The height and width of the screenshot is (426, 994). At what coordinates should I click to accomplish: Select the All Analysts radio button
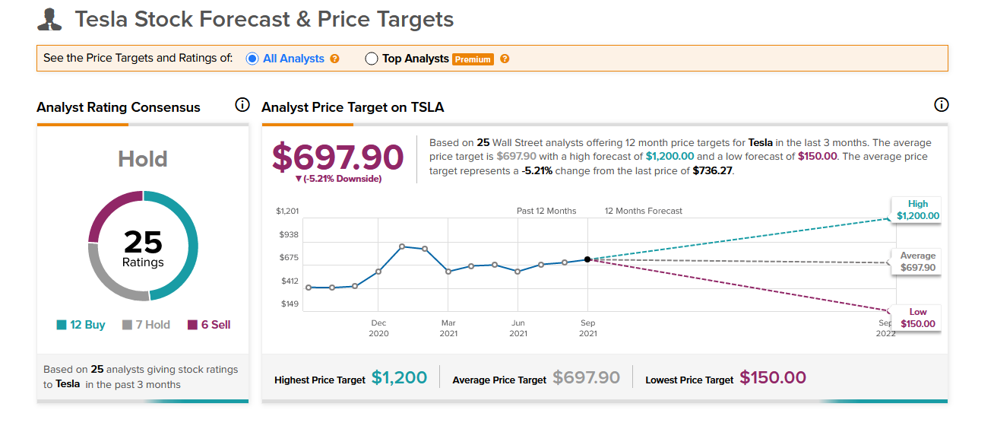(252, 59)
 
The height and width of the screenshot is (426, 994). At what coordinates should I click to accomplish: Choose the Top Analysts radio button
(372, 59)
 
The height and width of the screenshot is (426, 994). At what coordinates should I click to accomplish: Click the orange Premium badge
(473, 59)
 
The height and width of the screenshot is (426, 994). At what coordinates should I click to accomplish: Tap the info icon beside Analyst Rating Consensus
(242, 105)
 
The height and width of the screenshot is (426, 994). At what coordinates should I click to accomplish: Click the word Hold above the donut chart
(143, 159)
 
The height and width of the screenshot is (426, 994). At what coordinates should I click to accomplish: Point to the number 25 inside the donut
(143, 242)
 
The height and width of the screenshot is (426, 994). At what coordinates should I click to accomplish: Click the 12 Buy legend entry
(81, 325)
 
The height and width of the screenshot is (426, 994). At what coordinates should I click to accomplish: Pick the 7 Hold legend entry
(146, 325)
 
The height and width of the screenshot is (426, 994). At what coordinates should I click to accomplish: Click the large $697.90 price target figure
(338, 157)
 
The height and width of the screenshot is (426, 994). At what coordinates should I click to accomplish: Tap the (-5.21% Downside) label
(338, 179)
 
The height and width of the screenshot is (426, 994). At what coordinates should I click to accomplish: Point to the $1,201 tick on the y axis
(287, 211)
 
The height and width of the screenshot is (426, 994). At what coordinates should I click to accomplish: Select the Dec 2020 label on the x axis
(378, 328)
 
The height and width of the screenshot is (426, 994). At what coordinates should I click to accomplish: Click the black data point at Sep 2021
(587, 259)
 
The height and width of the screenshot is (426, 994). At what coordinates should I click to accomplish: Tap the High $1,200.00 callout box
(918, 210)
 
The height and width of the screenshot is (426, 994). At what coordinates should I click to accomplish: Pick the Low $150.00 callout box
(918, 318)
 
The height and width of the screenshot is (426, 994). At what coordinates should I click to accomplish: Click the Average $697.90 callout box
(918, 262)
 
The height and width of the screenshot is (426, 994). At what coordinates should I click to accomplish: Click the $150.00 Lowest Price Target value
(773, 377)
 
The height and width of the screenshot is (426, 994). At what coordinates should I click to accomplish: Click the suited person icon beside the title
(49, 20)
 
